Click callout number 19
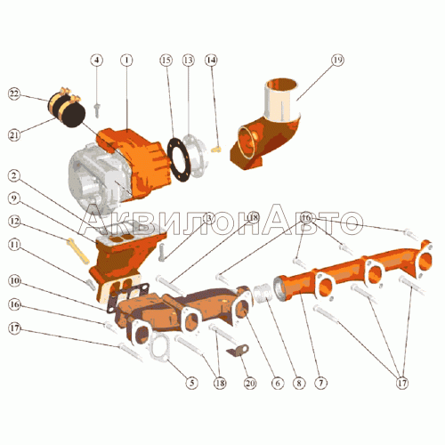pyautogui.click(x=337, y=61)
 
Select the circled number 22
pyautogui.click(x=14, y=94)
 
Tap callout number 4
pyautogui.click(x=97, y=61)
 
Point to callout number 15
pyautogui.click(x=166, y=61)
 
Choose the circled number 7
pyautogui.click(x=320, y=383)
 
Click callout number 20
pyautogui.click(x=250, y=383)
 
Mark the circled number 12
pyautogui.click(x=14, y=222)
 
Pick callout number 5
pyautogui.click(x=191, y=383)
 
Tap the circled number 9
pyautogui.click(x=14, y=198)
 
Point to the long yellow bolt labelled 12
pyautogui.click(x=78, y=251)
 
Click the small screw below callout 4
pyautogui.click(x=97, y=110)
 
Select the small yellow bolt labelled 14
pyautogui.click(x=216, y=149)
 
